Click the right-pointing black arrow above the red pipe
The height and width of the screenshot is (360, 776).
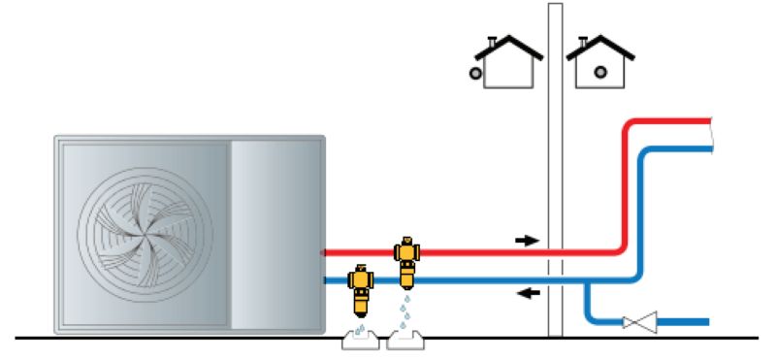526,239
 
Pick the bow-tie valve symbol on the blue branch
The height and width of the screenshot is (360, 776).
642,321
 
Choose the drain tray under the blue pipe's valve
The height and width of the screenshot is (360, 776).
359,341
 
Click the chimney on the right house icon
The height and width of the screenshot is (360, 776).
584,40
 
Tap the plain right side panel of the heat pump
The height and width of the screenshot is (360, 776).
276,233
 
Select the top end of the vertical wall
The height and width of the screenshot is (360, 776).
555,8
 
